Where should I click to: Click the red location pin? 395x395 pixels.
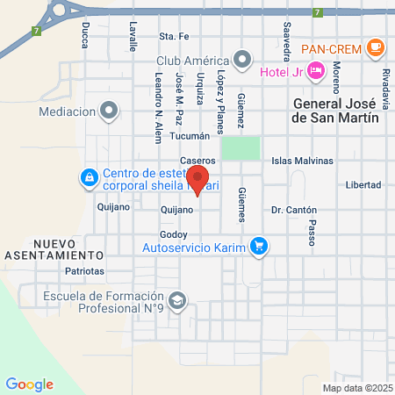(x=198, y=179)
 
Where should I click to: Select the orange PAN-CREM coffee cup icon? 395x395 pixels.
(x=376, y=47)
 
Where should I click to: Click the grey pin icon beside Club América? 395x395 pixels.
(x=236, y=61)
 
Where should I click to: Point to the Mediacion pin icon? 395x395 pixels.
(x=110, y=111)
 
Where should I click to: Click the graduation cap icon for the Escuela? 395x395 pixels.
(x=178, y=301)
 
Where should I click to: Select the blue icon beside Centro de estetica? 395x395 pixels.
(x=90, y=179)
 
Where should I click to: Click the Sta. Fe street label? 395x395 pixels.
(x=174, y=36)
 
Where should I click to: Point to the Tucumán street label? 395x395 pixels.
(x=190, y=136)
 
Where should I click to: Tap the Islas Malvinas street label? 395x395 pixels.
(x=303, y=161)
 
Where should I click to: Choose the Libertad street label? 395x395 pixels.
(x=363, y=185)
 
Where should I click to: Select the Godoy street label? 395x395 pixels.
(x=174, y=234)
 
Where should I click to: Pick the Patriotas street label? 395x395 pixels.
(x=84, y=271)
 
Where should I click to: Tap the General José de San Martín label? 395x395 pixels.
(x=335, y=111)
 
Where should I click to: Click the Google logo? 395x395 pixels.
(x=29, y=384)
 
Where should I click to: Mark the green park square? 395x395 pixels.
(x=241, y=147)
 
